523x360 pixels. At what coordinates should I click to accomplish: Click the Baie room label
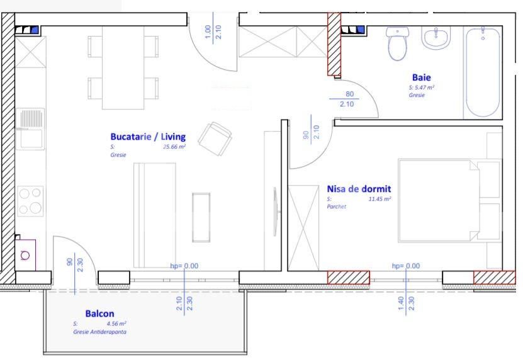421,77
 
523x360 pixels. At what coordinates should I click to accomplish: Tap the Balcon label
99,313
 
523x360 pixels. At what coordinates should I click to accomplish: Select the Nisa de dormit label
359,189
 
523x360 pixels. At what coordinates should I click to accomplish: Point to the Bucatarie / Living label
148,137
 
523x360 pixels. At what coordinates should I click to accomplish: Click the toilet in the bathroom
397,43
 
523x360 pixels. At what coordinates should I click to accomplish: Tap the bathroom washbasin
436,38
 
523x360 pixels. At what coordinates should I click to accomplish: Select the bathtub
483,72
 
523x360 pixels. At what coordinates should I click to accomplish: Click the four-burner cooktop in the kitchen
30,201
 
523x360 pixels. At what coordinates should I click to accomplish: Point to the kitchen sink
30,129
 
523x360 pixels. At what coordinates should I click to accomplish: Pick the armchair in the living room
215,138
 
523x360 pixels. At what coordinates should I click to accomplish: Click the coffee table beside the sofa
201,217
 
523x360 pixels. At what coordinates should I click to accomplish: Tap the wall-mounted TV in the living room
276,211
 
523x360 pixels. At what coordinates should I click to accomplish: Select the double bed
449,200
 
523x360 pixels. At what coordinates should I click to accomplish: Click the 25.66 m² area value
174,147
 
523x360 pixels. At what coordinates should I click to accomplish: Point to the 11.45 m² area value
380,199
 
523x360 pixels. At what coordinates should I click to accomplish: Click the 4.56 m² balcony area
116,323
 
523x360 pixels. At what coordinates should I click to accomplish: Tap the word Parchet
336,206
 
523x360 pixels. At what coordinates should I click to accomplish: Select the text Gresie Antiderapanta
99,332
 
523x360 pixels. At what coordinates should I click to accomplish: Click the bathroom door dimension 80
349,94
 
